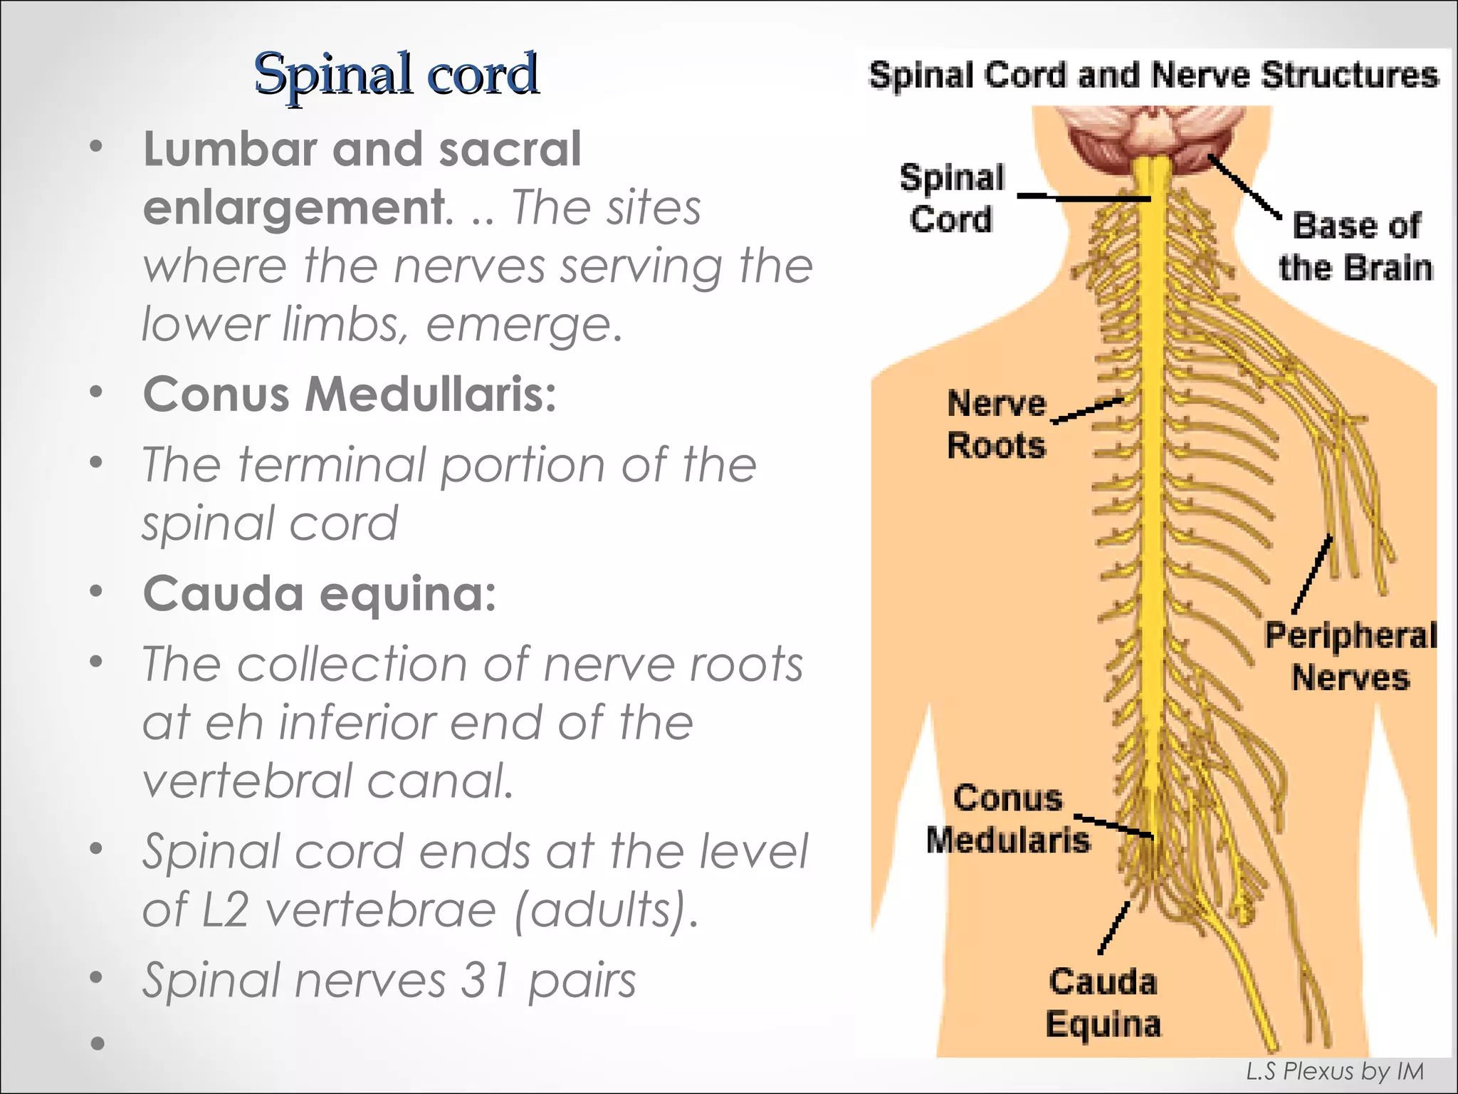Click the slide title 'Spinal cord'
pyautogui.click(x=396, y=74)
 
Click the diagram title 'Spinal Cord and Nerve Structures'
pyautogui.click(x=1153, y=75)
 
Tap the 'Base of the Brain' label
pyautogui.click(x=1355, y=246)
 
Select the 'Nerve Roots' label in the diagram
pyautogui.click(x=997, y=424)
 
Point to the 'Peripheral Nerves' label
pyautogui.click(x=1351, y=656)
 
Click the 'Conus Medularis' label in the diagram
pyautogui.click(x=1008, y=819)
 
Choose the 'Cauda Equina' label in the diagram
pyautogui.click(x=1103, y=1003)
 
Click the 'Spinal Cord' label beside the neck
pyautogui.click(x=952, y=198)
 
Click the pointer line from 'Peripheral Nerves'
pyautogui.click(x=1311, y=574)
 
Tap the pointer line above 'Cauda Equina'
pyautogui.click(x=1114, y=927)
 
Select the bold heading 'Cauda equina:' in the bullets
pyautogui.click(x=320, y=593)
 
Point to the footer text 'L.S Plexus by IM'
pyautogui.click(x=1334, y=1071)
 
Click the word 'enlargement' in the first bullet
pyautogui.click(x=293, y=207)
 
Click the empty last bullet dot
pyautogui.click(x=98, y=1044)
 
